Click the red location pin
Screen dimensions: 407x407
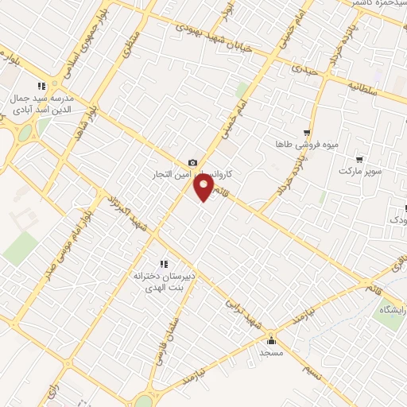click(204, 188)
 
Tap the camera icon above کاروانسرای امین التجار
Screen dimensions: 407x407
click(192, 163)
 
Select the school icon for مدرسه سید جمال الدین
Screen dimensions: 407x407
click(41, 87)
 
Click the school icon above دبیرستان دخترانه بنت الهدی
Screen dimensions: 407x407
click(164, 264)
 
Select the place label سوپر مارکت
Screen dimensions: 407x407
click(360, 171)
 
